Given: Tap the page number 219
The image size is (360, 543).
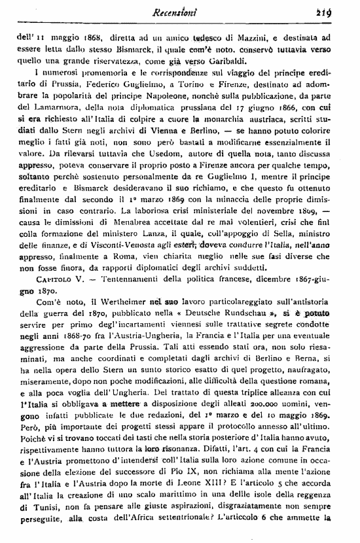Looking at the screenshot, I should click(x=341, y=10).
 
